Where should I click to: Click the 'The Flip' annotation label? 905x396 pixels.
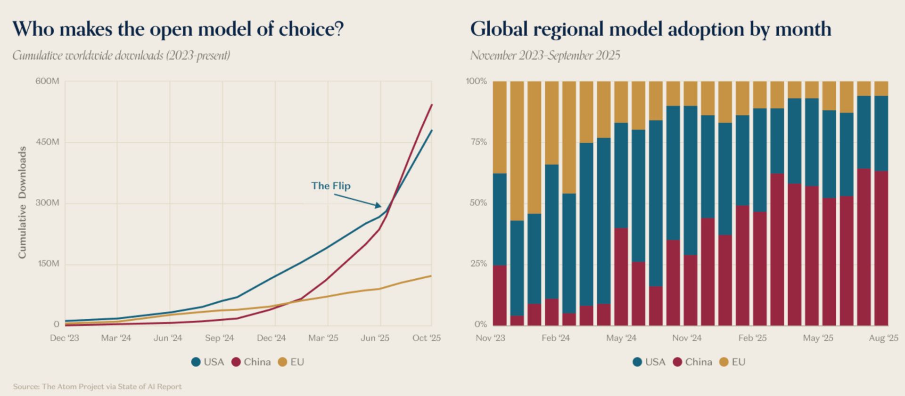click(330, 186)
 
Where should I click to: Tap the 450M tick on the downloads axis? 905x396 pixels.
click(48, 142)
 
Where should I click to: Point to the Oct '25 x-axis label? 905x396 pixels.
click(426, 338)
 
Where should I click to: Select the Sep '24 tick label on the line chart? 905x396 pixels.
click(219, 338)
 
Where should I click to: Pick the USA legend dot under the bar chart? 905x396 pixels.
click(638, 362)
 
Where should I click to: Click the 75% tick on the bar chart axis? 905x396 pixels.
click(477, 142)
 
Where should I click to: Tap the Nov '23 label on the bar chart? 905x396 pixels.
click(490, 338)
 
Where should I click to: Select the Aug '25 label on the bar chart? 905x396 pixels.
click(883, 338)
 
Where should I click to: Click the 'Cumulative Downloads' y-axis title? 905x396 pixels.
click(22, 202)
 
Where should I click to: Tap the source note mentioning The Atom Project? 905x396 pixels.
click(97, 387)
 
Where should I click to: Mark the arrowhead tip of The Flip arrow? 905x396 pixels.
click(380, 206)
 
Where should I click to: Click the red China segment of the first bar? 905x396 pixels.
click(499, 295)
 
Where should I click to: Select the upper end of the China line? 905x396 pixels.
click(432, 105)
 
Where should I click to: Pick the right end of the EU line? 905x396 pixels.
click(431, 275)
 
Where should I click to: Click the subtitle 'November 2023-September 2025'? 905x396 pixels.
click(545, 56)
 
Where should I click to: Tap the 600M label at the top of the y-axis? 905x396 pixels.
click(47, 81)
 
